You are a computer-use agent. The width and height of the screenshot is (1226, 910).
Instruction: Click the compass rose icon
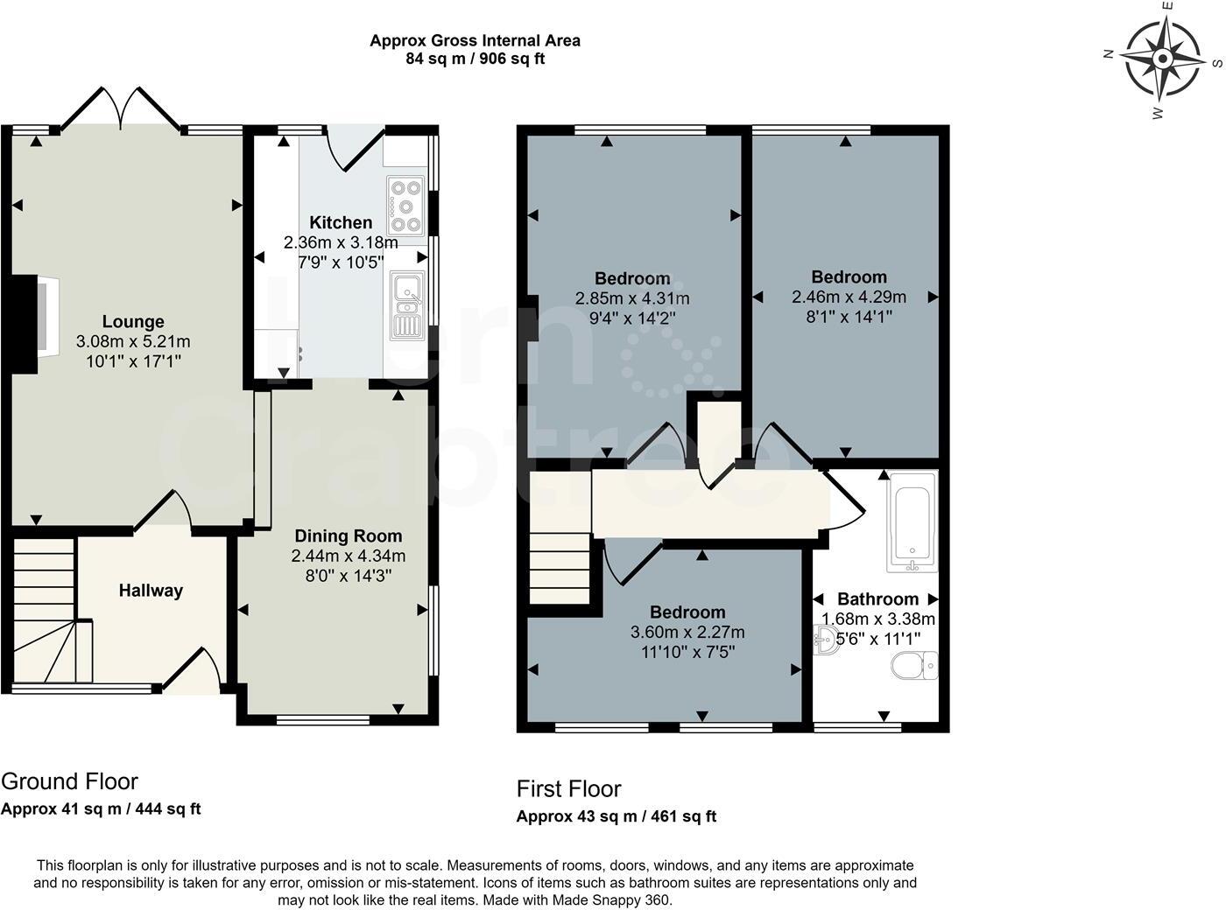1162,59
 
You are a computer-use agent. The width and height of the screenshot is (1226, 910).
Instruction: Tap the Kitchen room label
341,222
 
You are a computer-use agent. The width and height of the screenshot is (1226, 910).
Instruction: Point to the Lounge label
133,321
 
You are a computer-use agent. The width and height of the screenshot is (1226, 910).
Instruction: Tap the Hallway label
151,591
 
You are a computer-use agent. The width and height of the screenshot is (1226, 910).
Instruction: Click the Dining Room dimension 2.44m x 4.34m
349,556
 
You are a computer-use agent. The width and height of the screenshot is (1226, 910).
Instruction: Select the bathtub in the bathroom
912,521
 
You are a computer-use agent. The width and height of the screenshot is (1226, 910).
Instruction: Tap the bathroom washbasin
826,640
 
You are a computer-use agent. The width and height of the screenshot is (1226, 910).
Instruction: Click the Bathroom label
877,599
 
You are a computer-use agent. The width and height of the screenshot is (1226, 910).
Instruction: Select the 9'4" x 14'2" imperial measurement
631,318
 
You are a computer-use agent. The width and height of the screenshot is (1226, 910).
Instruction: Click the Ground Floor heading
69,781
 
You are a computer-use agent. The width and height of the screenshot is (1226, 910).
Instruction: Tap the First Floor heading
568,789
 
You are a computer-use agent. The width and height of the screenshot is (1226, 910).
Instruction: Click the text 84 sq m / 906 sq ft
475,59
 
